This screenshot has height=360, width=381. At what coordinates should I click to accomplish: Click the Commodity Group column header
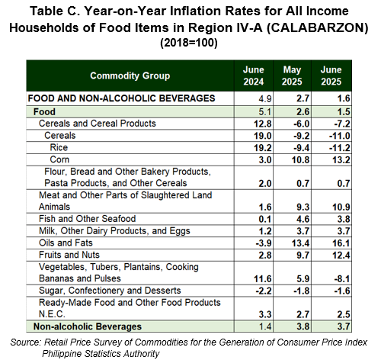pyautogui.click(x=130, y=76)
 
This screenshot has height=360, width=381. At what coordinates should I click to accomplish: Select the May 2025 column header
pyautogui.click(x=292, y=76)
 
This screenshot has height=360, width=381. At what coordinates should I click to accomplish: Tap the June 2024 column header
pyautogui.click(x=254, y=76)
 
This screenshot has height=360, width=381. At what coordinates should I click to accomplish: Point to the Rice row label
pyautogui.click(x=59, y=147)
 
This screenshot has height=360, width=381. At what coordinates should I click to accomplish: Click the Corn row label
pyautogui.click(x=59, y=159)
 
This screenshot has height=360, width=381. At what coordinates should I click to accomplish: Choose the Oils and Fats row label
pyautogui.click(x=66, y=243)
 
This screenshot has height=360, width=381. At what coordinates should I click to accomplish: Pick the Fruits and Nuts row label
pyautogui.click(x=69, y=255)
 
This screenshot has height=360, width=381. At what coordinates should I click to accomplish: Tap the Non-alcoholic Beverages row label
pyautogui.click(x=88, y=326)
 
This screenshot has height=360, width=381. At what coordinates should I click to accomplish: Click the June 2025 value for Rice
pyautogui.click(x=340, y=148)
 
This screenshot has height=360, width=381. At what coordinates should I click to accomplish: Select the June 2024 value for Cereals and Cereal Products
pyautogui.click(x=263, y=124)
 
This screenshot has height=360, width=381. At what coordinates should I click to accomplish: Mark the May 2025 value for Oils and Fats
pyautogui.click(x=300, y=243)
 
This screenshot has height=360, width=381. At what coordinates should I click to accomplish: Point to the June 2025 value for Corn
pyautogui.click(x=341, y=160)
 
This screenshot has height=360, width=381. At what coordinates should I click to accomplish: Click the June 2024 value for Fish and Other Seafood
pyautogui.click(x=265, y=219)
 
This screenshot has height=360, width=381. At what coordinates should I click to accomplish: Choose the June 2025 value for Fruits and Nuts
pyautogui.click(x=341, y=256)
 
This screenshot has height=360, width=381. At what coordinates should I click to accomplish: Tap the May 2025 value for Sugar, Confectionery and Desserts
pyautogui.click(x=302, y=291)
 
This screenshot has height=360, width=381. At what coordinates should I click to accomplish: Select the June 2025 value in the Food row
pyautogui.click(x=344, y=112)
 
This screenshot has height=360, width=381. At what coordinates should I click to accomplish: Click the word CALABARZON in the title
pyautogui.click(x=318, y=27)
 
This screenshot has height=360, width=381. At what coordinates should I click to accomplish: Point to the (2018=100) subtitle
pyautogui.click(x=189, y=43)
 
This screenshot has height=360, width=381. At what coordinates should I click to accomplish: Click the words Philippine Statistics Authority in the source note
pyautogui.click(x=101, y=354)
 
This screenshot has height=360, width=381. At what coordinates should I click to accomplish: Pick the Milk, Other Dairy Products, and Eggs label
pyautogui.click(x=114, y=231)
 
